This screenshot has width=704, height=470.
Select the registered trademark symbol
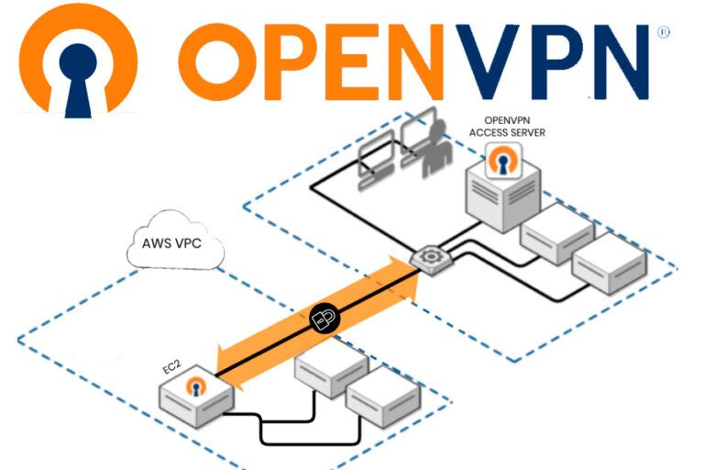pos(664,31)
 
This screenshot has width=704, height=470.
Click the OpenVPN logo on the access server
pos(501,162)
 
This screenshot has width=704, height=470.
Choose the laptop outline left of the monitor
pos(373,155)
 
